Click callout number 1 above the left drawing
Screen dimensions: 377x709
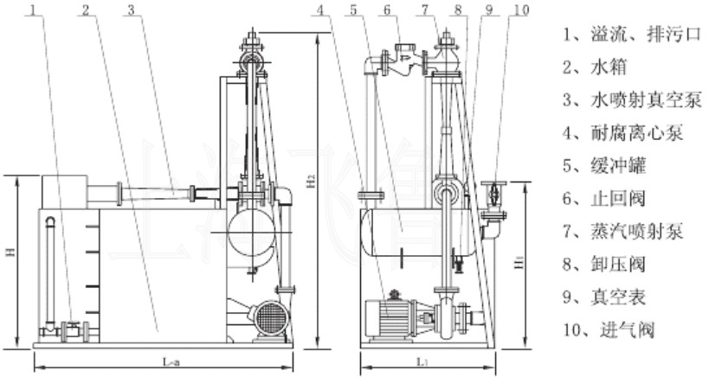coord(33,10)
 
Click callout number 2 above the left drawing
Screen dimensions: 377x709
coord(86,10)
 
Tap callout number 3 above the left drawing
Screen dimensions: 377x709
coord(130,10)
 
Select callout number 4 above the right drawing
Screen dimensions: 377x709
coord(320,10)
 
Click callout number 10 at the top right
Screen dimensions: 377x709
coord(519,10)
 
